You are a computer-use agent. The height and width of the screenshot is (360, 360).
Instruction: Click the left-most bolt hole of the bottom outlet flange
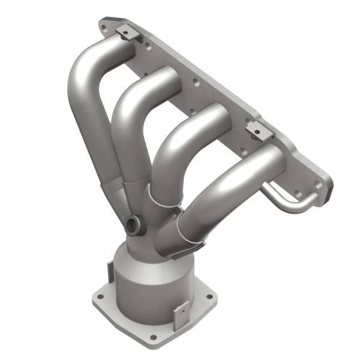point(99,297)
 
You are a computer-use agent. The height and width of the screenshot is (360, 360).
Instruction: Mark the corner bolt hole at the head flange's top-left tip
point(106,26)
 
